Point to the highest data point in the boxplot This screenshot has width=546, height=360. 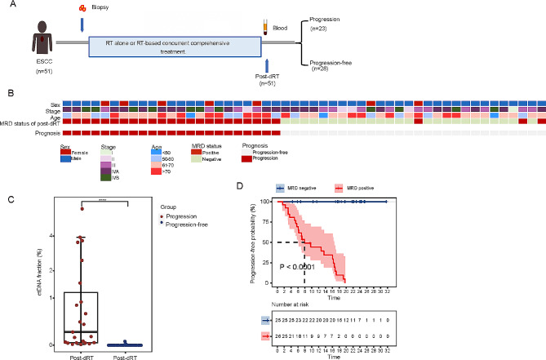tap(82, 208)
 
